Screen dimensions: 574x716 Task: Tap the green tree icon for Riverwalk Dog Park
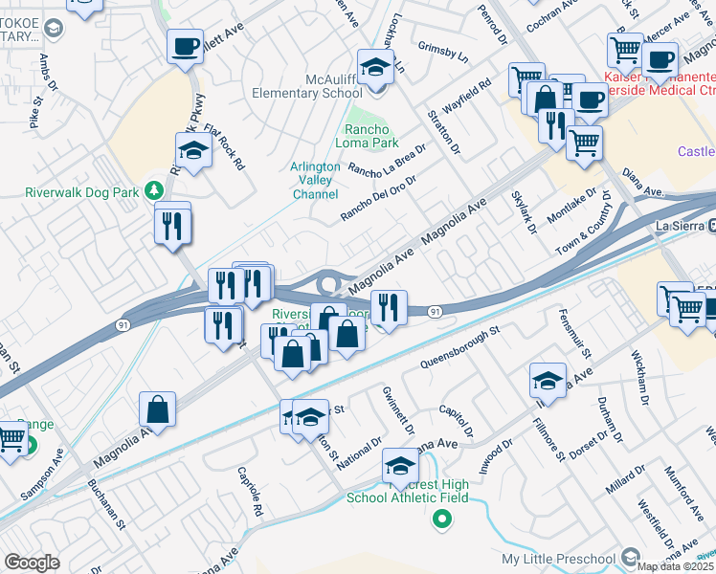coord(152,189)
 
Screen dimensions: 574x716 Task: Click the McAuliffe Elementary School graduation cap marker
coord(376,68)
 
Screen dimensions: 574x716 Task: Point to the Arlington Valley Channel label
coord(315,180)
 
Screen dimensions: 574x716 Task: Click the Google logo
coord(33,563)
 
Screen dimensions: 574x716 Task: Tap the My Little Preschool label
coord(560,559)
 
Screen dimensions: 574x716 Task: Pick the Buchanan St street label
coord(107,502)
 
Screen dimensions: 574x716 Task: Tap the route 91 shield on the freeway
coord(436,311)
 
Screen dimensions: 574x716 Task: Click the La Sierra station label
coord(679,226)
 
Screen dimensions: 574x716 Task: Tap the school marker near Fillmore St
coord(547,381)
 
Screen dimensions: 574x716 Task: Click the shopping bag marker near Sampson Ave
coord(157,408)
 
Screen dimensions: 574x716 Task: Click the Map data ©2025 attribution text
coord(676,566)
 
